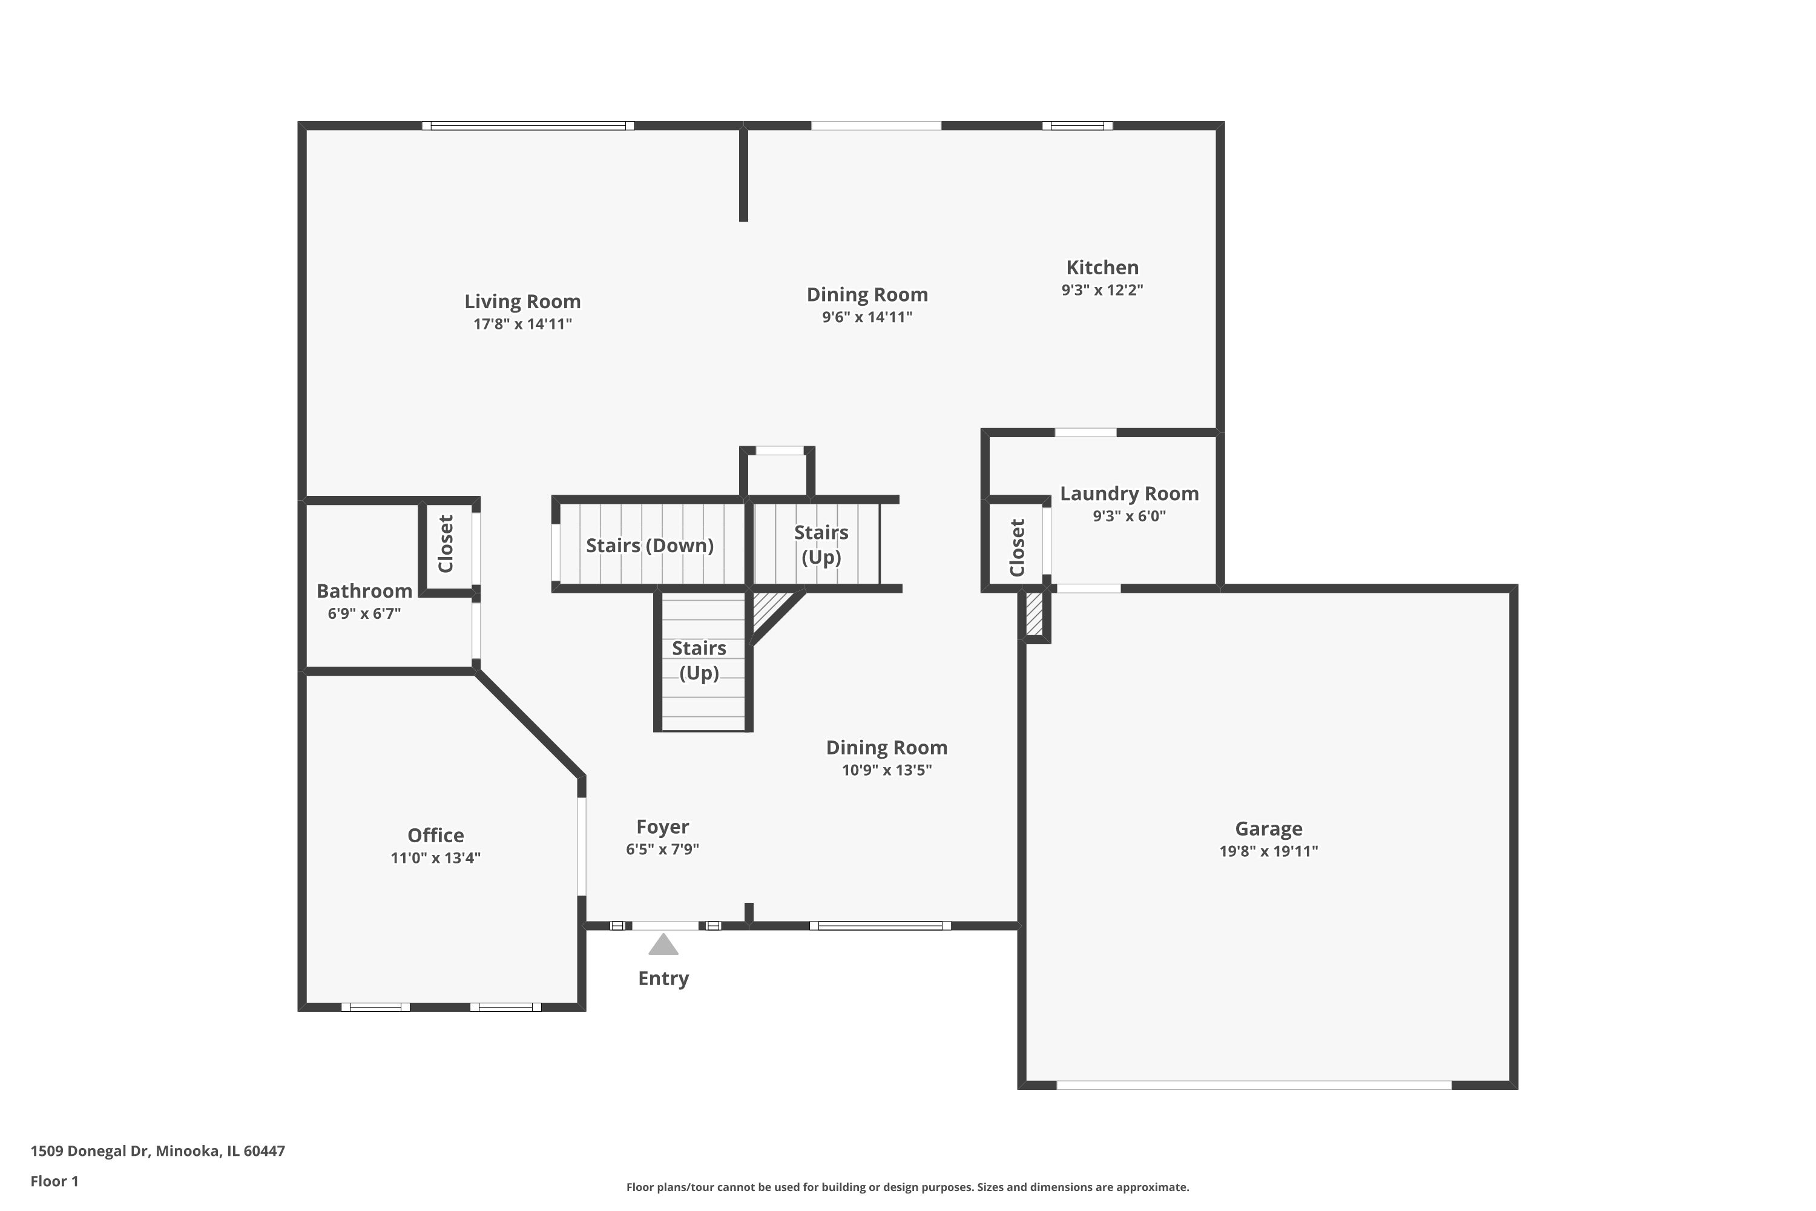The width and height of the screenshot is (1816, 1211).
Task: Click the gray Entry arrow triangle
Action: click(663, 945)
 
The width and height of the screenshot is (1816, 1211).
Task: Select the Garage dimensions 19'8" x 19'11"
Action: click(1269, 851)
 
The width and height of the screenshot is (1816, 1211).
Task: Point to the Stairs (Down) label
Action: click(650, 546)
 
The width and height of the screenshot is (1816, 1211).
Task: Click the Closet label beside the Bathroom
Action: click(446, 544)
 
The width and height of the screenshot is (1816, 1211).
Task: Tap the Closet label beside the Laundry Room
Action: click(1017, 547)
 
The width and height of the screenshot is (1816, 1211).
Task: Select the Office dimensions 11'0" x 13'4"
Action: click(435, 857)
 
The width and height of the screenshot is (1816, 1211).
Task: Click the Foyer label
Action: click(662, 827)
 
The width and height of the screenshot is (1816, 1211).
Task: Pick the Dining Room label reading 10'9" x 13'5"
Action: click(886, 748)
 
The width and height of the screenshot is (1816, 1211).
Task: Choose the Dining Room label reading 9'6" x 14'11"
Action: click(867, 295)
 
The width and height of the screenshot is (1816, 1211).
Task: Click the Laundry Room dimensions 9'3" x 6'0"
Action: click(1129, 516)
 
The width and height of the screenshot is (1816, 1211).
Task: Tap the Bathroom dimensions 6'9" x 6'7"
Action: click(364, 614)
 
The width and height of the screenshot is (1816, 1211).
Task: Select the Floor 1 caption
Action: click(54, 1181)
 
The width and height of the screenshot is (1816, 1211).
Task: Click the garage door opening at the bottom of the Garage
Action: click(1254, 1085)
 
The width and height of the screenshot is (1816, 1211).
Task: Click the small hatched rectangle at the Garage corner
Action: click(1034, 614)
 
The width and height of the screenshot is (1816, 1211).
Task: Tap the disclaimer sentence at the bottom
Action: click(907, 1187)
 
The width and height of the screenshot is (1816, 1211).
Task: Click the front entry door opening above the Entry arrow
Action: click(665, 925)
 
